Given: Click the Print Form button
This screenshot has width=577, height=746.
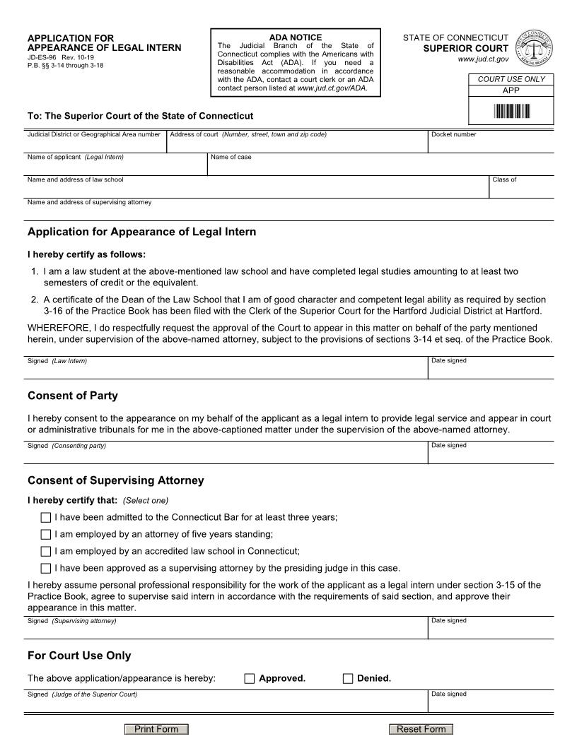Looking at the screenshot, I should point(156,729).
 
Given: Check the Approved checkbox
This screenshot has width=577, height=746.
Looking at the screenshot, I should point(249,679).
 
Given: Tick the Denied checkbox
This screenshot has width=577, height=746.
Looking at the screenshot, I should point(347,679).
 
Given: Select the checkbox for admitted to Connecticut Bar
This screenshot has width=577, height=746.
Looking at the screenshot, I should point(46,518).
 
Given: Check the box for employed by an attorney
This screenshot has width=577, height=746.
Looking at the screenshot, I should point(46,535).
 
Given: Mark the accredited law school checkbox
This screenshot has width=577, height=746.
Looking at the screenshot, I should point(46,552).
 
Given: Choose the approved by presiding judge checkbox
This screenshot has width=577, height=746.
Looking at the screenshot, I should point(46,569).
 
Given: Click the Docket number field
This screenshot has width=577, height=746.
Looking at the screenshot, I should point(491,144).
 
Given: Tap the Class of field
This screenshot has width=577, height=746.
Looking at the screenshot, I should point(521,189).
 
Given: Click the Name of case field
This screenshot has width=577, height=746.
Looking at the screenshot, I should point(380,167).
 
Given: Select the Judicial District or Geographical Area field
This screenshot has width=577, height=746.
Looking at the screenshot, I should point(95,144).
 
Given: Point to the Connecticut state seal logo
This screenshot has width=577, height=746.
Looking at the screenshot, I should point(533,49).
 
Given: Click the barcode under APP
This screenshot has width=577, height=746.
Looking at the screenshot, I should point(511,111).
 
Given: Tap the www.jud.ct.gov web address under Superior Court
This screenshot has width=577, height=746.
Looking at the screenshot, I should point(483,59).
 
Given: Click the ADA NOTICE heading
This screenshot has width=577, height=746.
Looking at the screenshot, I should point(295,37).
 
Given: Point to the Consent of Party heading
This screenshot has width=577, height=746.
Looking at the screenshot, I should point(73,396).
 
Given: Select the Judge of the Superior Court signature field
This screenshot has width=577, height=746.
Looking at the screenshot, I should point(226,704).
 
